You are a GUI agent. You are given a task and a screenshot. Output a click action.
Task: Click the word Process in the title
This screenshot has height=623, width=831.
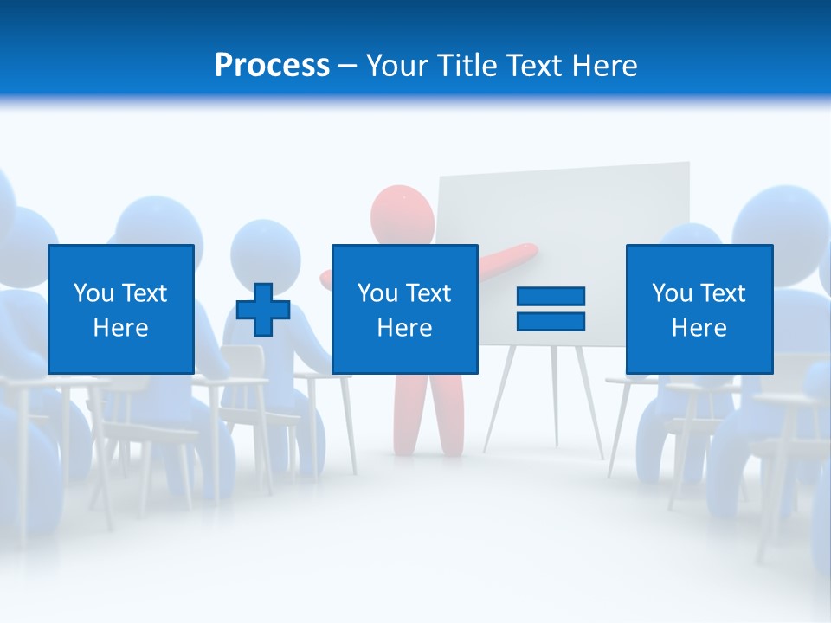(x=272, y=66)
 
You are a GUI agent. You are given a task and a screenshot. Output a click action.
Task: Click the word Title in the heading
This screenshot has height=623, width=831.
(x=468, y=66)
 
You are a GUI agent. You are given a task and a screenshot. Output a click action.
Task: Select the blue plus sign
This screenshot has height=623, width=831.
(x=263, y=310)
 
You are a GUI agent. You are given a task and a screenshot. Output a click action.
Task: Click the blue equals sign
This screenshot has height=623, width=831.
(x=551, y=309)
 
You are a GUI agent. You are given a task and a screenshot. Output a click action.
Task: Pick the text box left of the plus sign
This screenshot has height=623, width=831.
(x=121, y=309)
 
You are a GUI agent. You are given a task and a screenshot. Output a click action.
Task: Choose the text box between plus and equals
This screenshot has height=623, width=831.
(x=404, y=309)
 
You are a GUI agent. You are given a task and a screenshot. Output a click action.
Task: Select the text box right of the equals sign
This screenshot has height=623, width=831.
(x=699, y=309)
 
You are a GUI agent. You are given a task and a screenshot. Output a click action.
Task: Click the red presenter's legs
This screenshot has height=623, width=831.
(x=428, y=415)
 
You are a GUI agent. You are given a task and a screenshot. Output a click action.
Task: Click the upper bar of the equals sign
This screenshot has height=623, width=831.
(x=551, y=297)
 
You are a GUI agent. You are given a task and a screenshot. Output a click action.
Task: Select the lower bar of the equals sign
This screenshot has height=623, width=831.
(x=551, y=321)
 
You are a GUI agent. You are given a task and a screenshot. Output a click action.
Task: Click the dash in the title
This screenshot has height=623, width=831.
(x=347, y=66)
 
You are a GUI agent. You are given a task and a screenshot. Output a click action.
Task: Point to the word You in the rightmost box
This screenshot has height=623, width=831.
(x=672, y=293)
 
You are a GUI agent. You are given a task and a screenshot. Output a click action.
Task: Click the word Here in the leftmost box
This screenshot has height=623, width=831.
(x=121, y=328)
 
